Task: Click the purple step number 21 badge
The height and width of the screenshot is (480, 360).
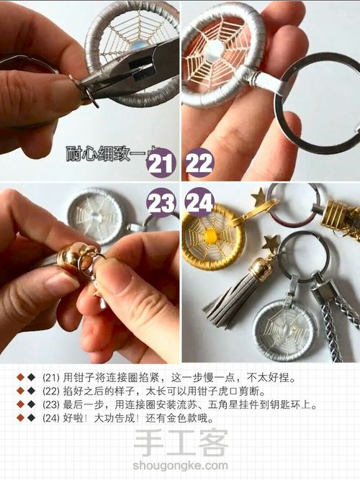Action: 161,164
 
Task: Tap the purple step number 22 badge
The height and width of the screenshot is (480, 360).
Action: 199,164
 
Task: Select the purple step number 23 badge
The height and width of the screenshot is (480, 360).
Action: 161,202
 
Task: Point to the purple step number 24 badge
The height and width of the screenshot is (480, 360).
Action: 199,202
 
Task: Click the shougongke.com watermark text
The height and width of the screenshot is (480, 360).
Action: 181,466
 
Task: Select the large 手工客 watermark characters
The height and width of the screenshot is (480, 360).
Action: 181,443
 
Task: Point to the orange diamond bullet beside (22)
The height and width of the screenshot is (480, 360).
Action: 20,391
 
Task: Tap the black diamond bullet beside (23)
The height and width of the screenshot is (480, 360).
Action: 31,404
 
